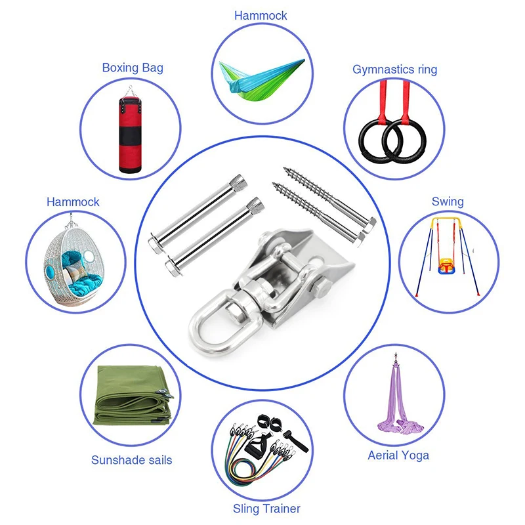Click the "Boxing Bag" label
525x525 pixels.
(133, 68)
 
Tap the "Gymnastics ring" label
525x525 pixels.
(394, 70)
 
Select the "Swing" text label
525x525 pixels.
(448, 201)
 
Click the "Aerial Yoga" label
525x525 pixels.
(398, 455)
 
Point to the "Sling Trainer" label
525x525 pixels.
(266, 509)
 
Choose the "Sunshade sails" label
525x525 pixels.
(132, 460)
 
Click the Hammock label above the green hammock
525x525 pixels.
(261, 15)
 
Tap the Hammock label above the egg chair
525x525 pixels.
(73, 201)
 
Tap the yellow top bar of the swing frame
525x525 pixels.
(447, 223)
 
